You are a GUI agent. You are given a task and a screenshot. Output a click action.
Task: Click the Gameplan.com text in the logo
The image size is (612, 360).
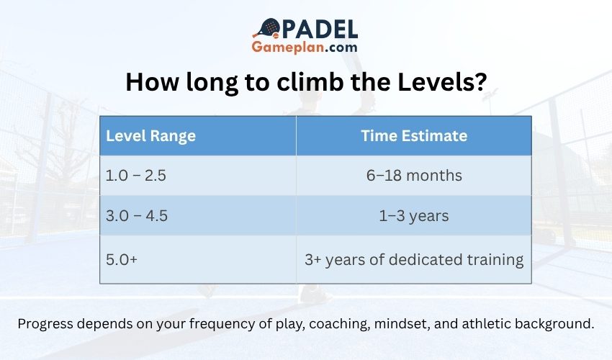pos(305,48)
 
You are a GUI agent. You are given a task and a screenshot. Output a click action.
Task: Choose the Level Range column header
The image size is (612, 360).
pos(150,135)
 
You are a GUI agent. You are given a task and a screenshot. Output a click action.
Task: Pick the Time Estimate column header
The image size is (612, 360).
pos(413,135)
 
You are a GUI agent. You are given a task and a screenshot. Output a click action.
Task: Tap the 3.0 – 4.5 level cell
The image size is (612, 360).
pos(138,216)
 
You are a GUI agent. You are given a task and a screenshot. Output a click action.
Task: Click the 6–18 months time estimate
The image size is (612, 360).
pos(413,176)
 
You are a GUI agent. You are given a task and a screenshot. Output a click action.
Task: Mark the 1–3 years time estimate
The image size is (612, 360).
pos(413,216)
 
